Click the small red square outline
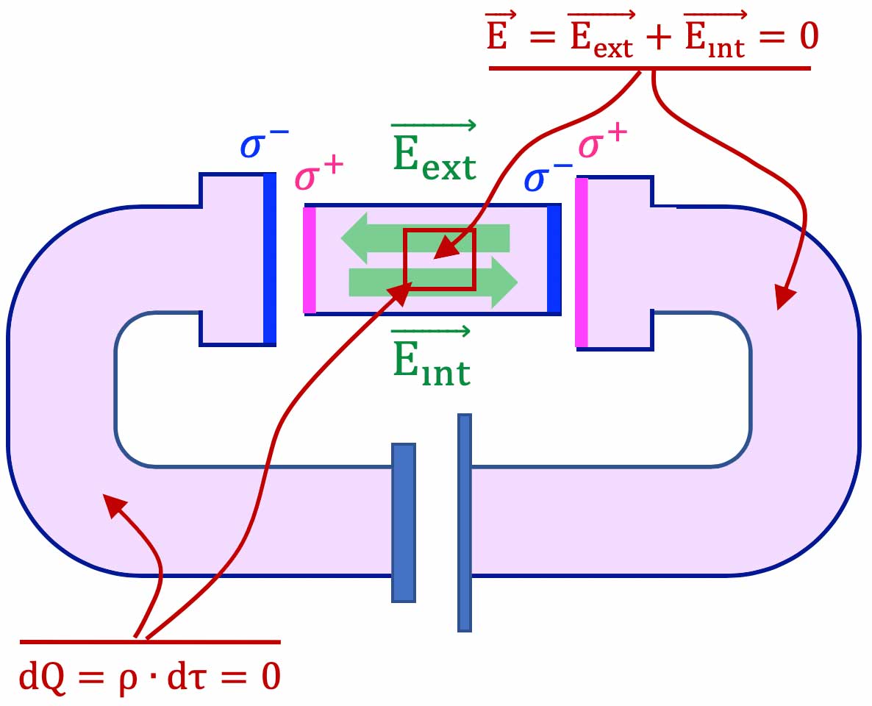click(x=440, y=259)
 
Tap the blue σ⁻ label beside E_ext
click(x=548, y=178)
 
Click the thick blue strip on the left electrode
click(x=270, y=259)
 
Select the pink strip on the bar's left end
click(x=310, y=260)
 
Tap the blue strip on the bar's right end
click(x=554, y=260)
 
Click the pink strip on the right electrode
click(x=582, y=262)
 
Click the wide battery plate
click(x=404, y=522)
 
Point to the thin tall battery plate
click(x=464, y=523)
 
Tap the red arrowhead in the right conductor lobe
click(x=785, y=299)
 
